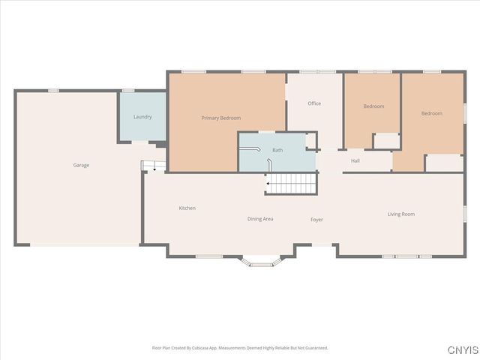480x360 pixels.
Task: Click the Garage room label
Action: [x=81, y=165]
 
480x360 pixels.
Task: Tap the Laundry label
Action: [x=142, y=117]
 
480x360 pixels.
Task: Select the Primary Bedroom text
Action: [x=221, y=118]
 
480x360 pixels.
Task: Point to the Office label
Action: [x=314, y=103]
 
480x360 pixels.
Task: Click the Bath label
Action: [x=277, y=150]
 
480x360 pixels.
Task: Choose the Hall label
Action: [x=355, y=160]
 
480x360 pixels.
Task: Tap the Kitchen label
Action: [x=187, y=208]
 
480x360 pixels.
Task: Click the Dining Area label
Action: [x=260, y=219]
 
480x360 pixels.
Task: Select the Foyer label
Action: [x=317, y=219]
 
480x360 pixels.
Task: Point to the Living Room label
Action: [x=401, y=214]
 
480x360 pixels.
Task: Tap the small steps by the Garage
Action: [x=153, y=166]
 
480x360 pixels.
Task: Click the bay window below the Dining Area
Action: [x=262, y=261]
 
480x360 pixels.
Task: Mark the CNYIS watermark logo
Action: [x=461, y=350]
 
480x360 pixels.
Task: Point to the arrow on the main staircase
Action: [x=268, y=182]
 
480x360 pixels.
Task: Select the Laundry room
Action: [x=142, y=127]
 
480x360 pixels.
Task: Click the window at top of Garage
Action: [x=53, y=91]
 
